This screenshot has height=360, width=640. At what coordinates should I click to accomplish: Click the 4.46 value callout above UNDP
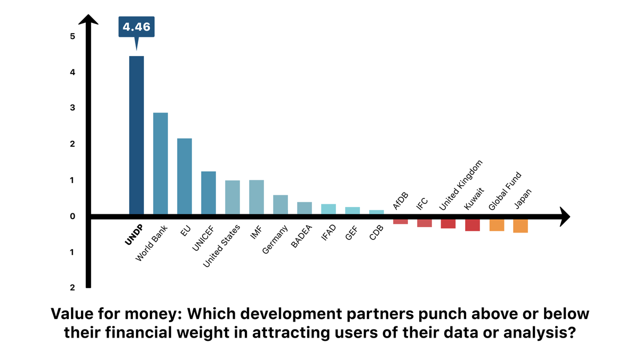137,26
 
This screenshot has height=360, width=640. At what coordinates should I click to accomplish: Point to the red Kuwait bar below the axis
473,225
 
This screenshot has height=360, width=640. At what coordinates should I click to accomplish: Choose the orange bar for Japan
521,226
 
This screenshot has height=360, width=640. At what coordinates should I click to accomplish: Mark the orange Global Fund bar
497,225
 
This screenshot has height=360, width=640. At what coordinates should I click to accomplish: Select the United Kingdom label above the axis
461,186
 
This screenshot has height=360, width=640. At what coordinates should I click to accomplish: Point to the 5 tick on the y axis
72,36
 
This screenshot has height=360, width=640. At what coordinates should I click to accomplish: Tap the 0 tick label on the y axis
72,217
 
